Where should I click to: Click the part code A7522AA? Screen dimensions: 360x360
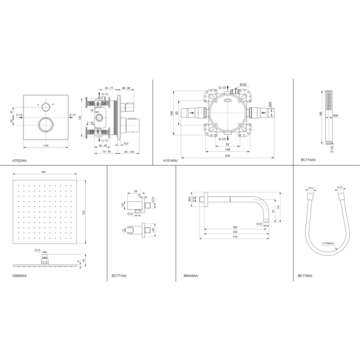coord(20,160)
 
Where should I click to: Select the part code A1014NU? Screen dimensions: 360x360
coord(170,160)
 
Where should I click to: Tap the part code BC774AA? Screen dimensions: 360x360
coord(308,160)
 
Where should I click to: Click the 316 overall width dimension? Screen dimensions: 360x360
coord(228,155)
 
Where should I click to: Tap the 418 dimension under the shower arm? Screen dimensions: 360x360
coord(235,237)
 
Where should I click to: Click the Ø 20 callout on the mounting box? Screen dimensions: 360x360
coord(244,85)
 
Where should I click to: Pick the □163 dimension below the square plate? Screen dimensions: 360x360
coord(46,145)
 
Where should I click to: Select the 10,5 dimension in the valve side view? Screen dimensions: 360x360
coord(126,144)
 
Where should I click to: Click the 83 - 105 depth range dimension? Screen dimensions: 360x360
coord(129,152)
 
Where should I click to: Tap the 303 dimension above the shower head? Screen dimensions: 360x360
coord(44,172)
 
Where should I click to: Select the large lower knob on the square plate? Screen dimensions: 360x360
coord(45,124)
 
